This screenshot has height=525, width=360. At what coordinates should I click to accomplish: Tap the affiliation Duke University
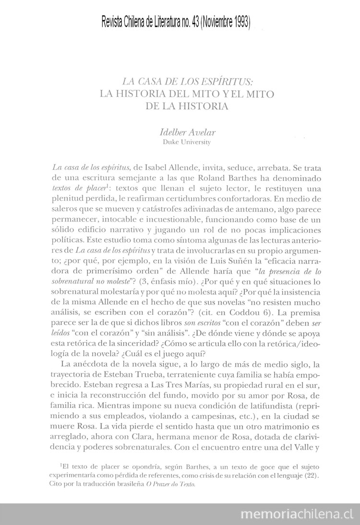(187, 142)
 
